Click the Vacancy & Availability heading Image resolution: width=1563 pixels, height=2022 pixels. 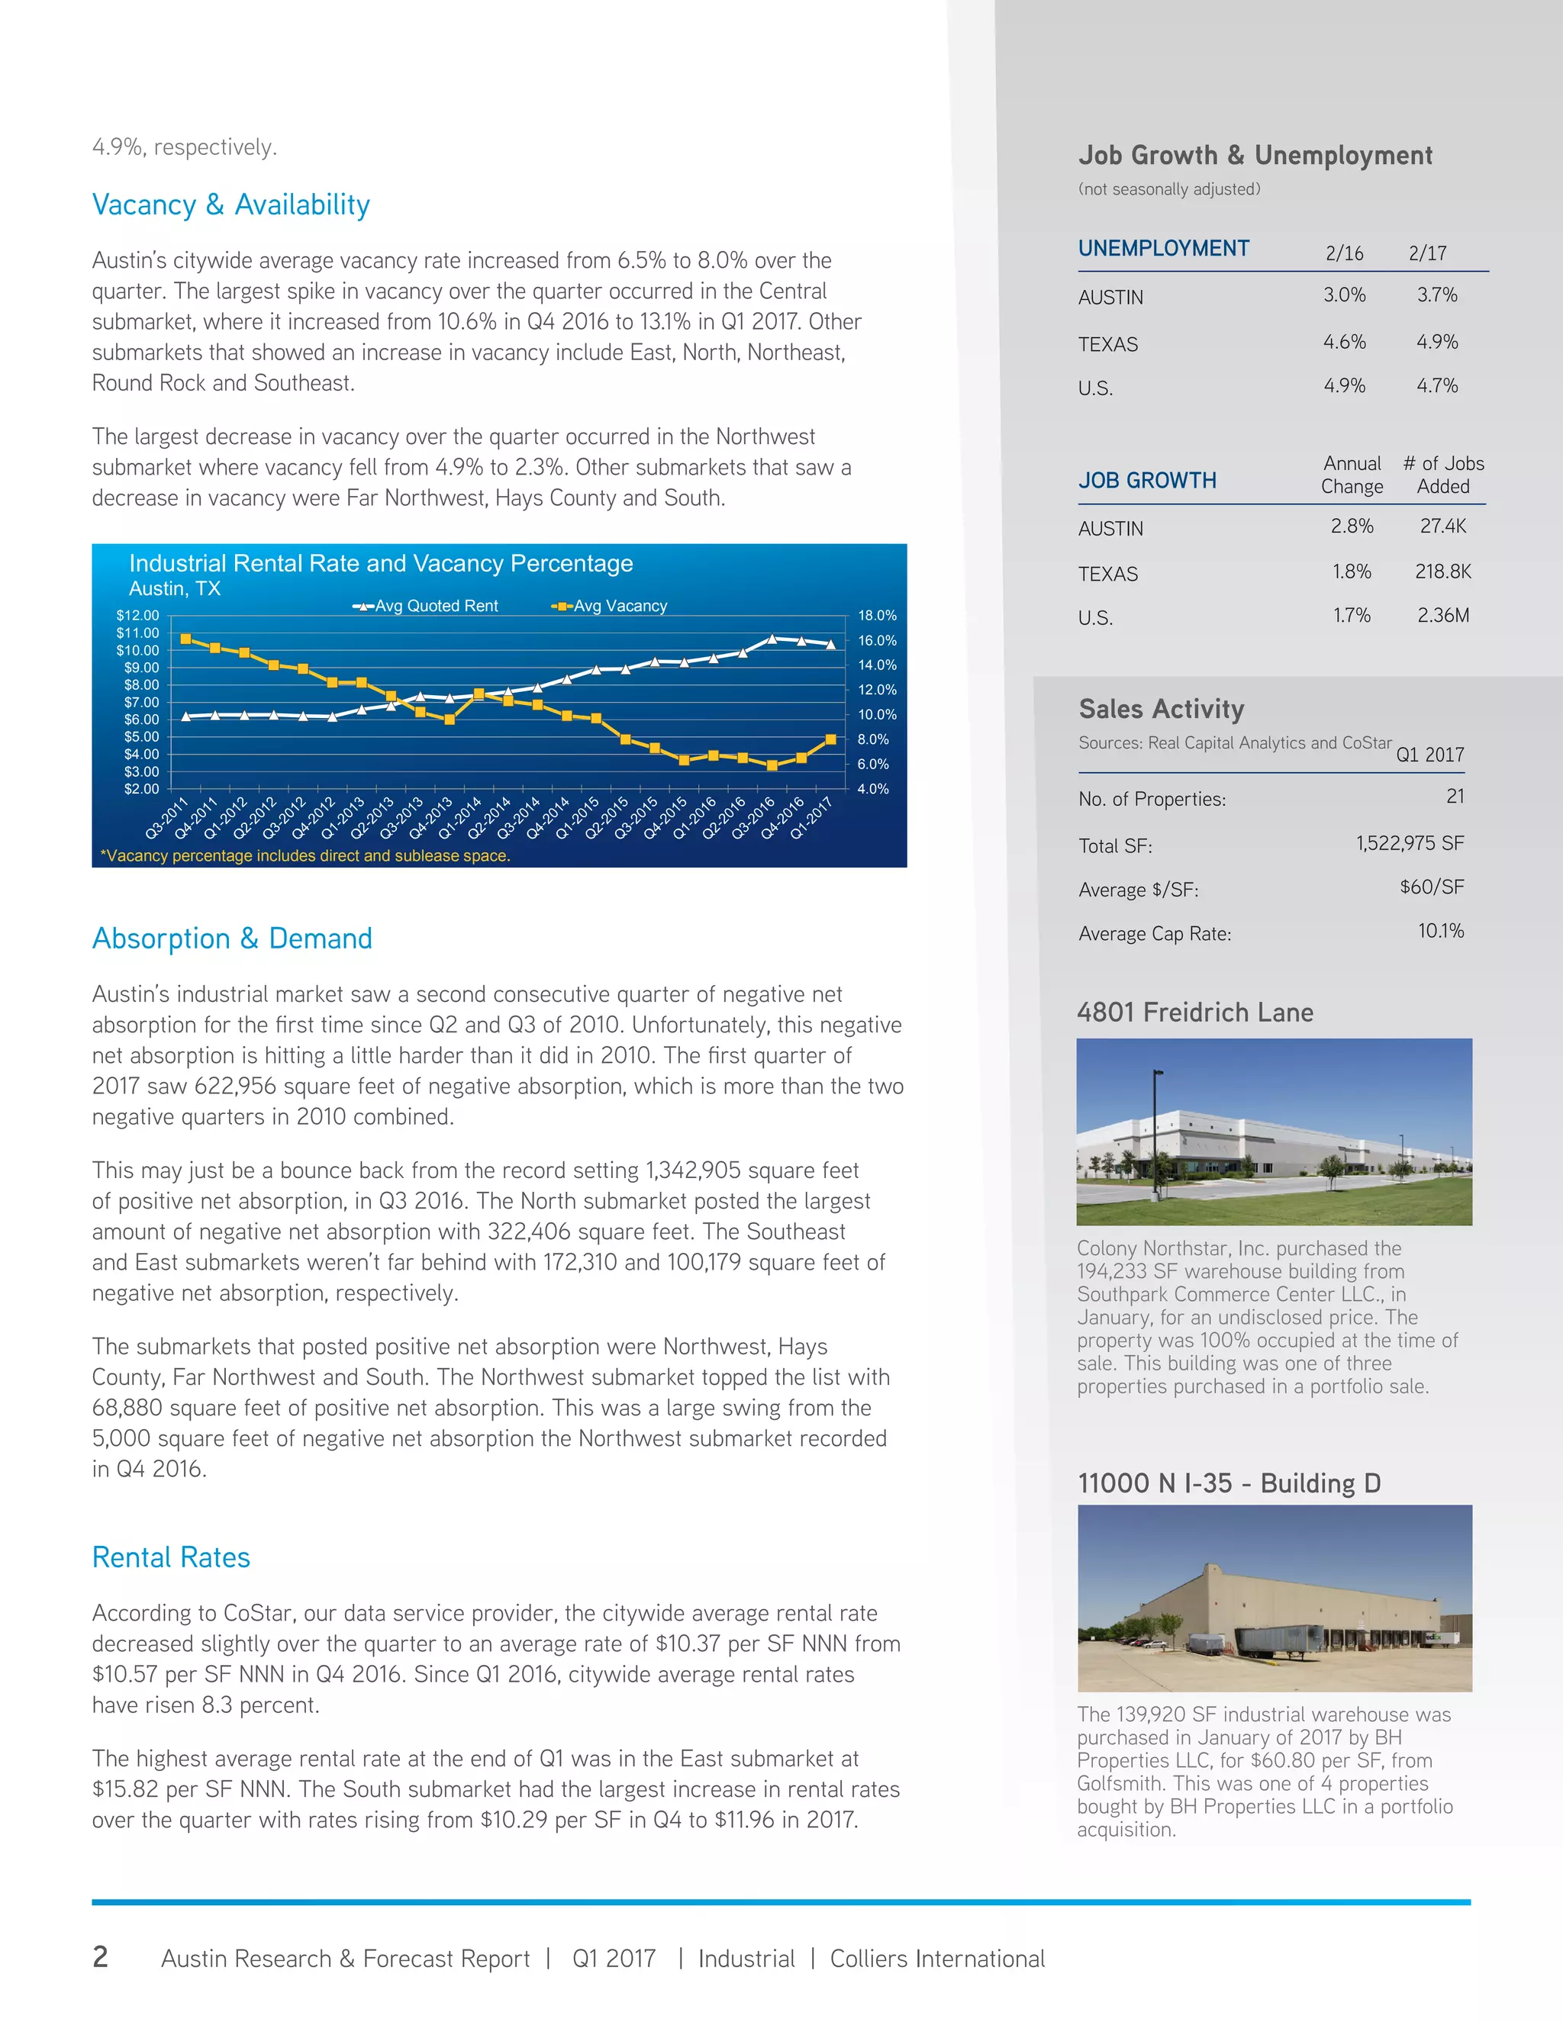tap(230, 204)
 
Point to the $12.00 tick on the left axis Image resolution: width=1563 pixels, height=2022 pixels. tap(137, 616)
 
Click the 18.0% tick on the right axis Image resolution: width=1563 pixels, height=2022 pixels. tap(877, 616)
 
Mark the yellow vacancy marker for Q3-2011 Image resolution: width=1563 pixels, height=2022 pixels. tap(186, 639)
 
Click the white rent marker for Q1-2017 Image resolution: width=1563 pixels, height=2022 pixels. tap(830, 643)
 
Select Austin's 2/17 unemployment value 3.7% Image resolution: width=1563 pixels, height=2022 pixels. tap(1436, 295)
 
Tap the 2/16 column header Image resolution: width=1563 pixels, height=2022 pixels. tap(1343, 253)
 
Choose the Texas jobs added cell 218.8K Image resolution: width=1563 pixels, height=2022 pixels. tap(1442, 572)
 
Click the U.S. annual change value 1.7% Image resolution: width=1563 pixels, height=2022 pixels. tap(1351, 616)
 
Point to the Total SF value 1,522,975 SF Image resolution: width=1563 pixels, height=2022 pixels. tap(1410, 843)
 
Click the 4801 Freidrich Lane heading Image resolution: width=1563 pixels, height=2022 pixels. tap(1194, 1012)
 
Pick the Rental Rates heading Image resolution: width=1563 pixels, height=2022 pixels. tap(171, 1557)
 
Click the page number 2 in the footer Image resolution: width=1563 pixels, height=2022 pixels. tap(100, 1956)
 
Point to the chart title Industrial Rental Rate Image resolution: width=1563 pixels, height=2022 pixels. tap(381, 563)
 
